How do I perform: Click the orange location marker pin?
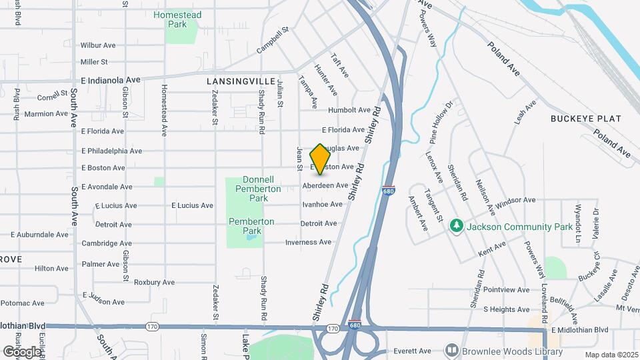(x=320, y=159)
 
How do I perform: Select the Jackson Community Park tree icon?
(x=457, y=227)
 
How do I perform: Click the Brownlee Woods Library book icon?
(x=451, y=351)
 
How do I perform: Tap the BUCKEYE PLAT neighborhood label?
(x=585, y=119)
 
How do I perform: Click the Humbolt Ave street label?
(x=349, y=110)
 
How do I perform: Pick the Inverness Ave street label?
(x=308, y=242)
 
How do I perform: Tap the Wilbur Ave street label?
(x=98, y=45)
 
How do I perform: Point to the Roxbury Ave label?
(x=154, y=282)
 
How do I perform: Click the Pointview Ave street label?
(x=506, y=290)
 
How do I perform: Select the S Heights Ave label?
(x=506, y=309)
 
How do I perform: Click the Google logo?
(x=21, y=351)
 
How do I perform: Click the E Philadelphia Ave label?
(x=111, y=151)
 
